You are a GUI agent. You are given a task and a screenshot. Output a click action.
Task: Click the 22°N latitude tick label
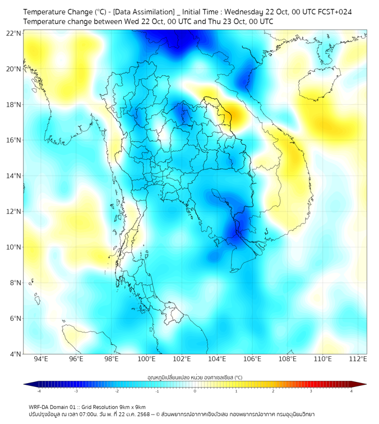point(14,33)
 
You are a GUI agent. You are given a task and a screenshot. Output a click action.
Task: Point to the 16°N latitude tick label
point(14,140)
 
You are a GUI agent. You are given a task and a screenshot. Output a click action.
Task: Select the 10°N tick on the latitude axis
point(14,247)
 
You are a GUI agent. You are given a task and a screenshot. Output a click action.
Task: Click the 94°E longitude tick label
point(41,359)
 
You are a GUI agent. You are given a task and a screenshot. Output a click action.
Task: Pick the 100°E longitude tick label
point(147,359)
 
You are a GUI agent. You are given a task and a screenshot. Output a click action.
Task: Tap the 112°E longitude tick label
point(358,359)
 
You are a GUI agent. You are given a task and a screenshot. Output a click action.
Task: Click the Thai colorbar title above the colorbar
point(195,377)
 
